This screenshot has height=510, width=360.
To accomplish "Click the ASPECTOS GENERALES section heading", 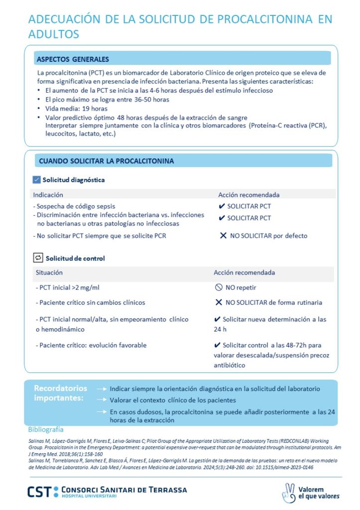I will (x=73, y=59).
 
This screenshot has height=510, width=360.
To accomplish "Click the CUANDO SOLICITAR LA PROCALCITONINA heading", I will (x=106, y=161).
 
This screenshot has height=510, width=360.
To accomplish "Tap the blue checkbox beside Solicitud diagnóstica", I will (x=36, y=180).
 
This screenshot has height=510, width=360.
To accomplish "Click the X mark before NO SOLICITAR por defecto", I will (x=223, y=236).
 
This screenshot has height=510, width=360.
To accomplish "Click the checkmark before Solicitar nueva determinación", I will (x=217, y=319).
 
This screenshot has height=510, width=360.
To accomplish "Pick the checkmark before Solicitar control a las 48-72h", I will (x=217, y=345).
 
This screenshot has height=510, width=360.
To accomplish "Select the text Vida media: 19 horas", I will (x=76, y=108).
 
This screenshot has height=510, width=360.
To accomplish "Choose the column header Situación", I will (x=49, y=273).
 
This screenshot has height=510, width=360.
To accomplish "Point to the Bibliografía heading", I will (x=46, y=429).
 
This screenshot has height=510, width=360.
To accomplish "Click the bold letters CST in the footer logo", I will (x=39, y=492).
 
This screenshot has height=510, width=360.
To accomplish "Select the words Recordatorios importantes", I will (x=60, y=393).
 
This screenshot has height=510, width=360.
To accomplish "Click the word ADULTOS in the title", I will (x=54, y=34).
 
